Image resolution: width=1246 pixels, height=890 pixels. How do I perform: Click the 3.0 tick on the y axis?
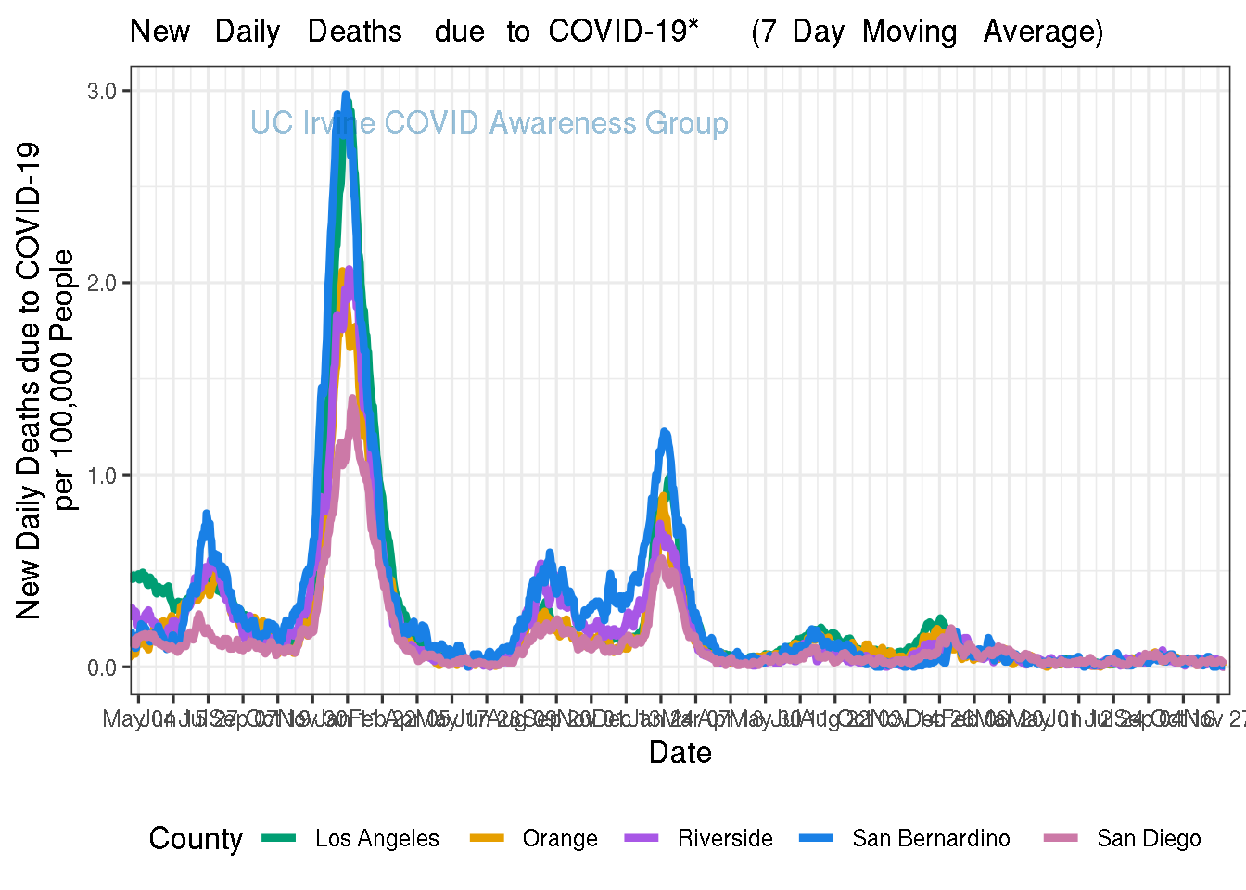click(x=101, y=91)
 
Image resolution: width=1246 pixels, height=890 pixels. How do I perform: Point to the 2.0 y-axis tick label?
click(x=101, y=283)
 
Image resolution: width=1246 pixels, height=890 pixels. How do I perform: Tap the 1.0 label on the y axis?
click(x=101, y=476)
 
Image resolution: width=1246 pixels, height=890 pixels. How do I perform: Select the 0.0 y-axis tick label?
click(x=101, y=667)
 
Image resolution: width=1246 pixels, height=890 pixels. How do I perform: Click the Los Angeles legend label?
click(x=376, y=839)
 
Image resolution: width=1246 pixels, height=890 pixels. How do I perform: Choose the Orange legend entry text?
click(x=560, y=839)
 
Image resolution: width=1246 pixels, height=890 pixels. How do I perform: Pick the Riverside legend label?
click(x=725, y=839)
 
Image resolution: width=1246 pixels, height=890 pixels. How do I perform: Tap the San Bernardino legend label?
click(x=931, y=839)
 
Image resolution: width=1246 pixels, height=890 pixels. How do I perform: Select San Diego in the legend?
click(x=1149, y=839)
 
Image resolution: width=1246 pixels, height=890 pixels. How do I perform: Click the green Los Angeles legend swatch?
click(x=278, y=838)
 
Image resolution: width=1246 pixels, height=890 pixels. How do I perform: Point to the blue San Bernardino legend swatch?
click(x=816, y=838)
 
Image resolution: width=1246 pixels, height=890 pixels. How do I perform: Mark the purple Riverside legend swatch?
click(x=641, y=838)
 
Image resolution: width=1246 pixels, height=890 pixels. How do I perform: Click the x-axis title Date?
click(x=680, y=753)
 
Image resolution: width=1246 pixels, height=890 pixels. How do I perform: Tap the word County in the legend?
click(x=196, y=839)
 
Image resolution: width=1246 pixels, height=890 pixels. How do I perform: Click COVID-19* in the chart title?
click(x=623, y=32)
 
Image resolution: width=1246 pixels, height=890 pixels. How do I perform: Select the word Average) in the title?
click(x=1043, y=32)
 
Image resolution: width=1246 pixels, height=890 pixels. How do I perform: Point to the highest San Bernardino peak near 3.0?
click(x=346, y=95)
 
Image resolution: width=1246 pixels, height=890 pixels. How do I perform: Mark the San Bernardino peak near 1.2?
click(x=665, y=432)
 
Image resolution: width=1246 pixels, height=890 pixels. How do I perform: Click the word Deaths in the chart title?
click(x=355, y=32)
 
